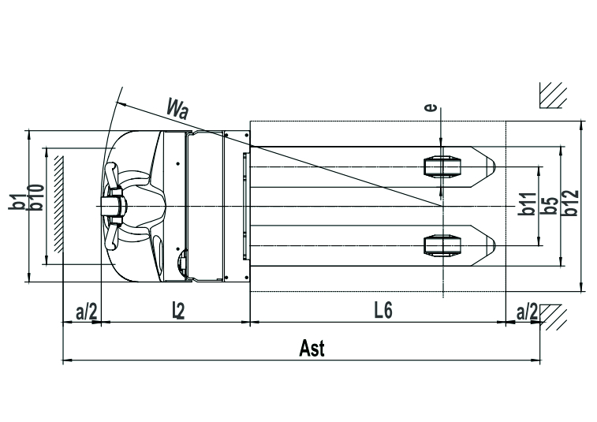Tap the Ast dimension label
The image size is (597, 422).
click(312, 348)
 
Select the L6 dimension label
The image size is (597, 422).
click(383, 311)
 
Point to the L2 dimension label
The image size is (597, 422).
click(178, 311)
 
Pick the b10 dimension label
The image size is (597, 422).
click(36, 197)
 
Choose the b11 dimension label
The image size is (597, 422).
click(528, 204)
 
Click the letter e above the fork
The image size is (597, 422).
click(431, 108)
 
